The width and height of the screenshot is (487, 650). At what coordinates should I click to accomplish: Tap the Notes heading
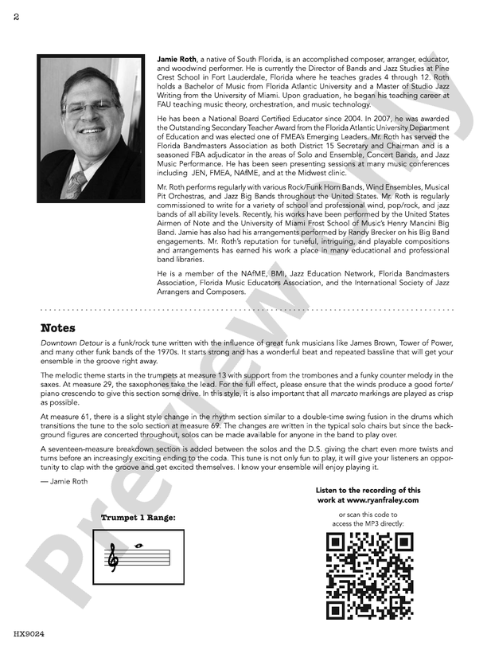(58, 327)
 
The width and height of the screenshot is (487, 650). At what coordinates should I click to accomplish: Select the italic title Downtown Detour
(70, 343)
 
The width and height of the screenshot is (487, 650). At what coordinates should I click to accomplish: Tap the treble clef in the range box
(114, 558)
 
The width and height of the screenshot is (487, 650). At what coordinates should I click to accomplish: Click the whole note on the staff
(141, 546)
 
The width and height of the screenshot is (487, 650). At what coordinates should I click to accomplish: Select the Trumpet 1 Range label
(138, 518)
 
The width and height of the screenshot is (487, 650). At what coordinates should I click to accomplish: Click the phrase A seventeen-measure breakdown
(88, 449)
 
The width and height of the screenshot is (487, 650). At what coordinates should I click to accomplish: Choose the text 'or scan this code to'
(368, 514)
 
